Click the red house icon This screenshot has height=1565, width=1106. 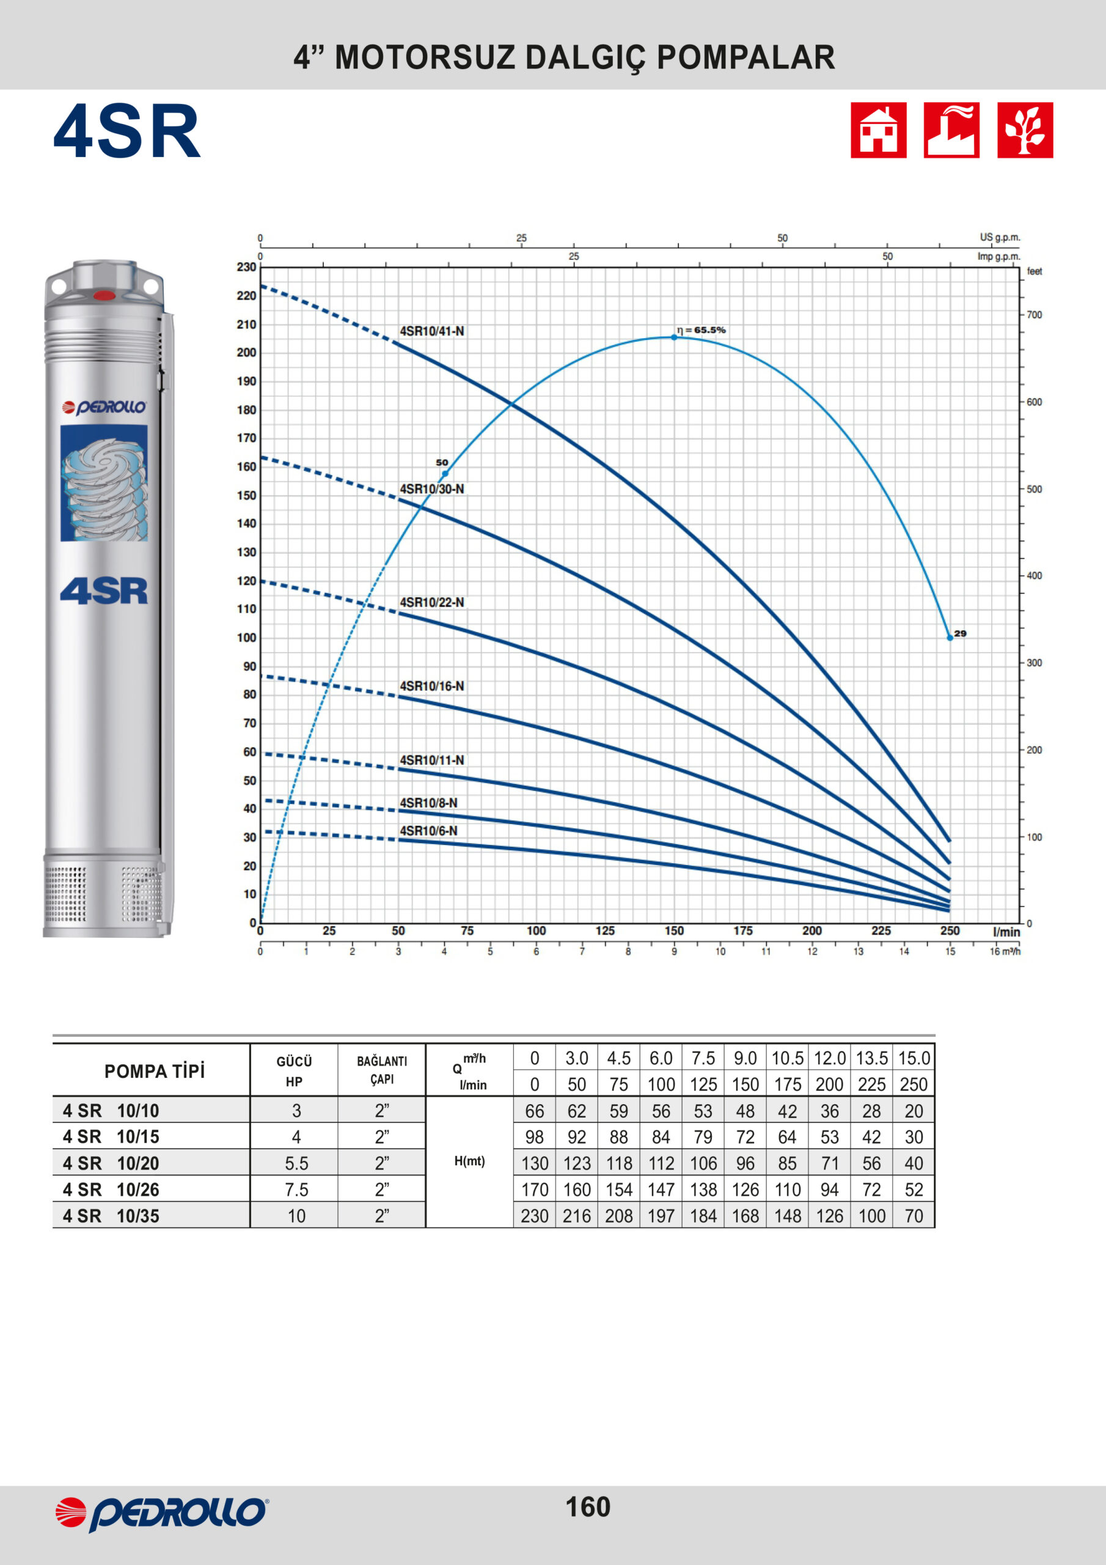click(x=879, y=130)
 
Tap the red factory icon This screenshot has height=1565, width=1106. click(x=951, y=130)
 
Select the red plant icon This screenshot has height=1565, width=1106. click(x=1025, y=130)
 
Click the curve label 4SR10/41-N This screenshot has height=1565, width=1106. click(x=432, y=331)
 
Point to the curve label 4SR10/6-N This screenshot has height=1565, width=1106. click(x=428, y=831)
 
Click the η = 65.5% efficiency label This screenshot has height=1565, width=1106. click(x=701, y=330)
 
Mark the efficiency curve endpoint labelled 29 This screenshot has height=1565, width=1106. click(x=950, y=638)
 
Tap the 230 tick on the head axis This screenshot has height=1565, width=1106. click(x=247, y=267)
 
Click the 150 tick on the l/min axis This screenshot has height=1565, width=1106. click(x=674, y=930)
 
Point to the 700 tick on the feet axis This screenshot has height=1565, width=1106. click(x=1035, y=315)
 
